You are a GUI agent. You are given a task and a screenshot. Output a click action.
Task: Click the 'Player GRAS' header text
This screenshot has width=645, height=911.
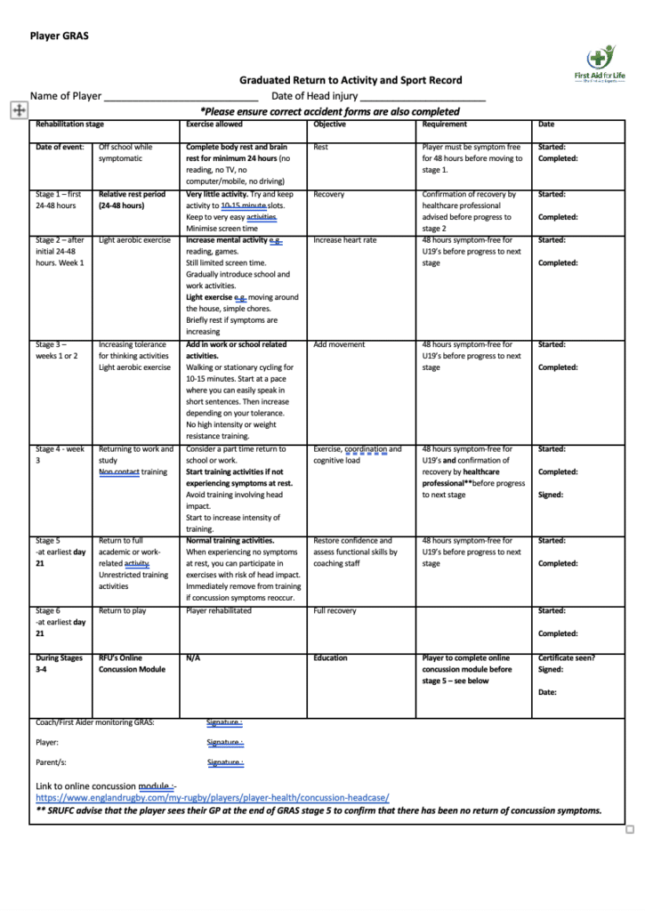coord(60,36)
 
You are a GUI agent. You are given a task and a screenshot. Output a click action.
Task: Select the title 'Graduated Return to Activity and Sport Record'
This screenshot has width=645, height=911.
coord(351,80)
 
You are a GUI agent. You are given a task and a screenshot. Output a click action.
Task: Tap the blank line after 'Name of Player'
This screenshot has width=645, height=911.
coord(181,96)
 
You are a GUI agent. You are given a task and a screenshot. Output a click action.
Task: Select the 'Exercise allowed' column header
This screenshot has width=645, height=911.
coord(214,125)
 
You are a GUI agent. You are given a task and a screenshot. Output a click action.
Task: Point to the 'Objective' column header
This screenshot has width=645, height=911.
coord(330,125)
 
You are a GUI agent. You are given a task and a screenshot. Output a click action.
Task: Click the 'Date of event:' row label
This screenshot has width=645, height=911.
coord(60,147)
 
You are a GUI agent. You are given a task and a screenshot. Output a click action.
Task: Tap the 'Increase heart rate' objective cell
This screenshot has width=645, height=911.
coord(345,240)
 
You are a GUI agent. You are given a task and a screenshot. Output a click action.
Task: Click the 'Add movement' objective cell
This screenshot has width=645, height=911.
coord(339,344)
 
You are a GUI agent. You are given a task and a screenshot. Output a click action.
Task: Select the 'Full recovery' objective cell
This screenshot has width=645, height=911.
coord(335,611)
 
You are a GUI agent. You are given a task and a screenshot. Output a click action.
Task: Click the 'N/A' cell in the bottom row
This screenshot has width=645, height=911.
coord(192,658)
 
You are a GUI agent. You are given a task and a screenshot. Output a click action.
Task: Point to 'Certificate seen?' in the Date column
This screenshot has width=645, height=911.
coord(567,658)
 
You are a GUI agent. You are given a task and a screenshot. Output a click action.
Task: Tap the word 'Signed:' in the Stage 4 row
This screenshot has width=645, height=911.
coord(551,495)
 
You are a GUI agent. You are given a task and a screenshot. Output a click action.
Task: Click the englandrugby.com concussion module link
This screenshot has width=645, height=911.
coord(212,798)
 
